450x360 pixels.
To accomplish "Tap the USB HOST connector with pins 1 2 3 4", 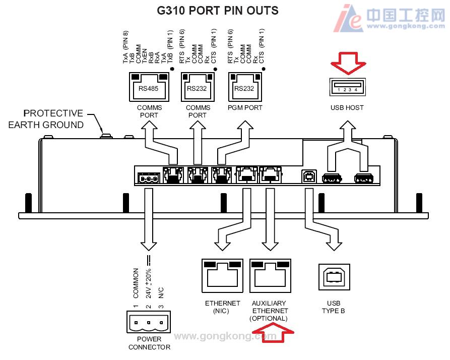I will tap(347, 86).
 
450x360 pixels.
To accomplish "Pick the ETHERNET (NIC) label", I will tap(222, 307).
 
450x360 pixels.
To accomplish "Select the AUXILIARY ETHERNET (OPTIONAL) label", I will tap(270, 311).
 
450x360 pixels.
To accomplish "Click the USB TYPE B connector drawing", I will tap(333, 277).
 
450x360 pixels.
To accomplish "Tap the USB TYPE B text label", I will tap(334, 307).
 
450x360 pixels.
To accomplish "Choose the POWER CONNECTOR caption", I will tap(149, 343).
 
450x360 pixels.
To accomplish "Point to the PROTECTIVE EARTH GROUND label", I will tap(45, 119).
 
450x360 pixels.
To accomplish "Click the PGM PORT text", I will tap(245, 108).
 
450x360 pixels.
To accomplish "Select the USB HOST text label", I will tap(347, 108).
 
